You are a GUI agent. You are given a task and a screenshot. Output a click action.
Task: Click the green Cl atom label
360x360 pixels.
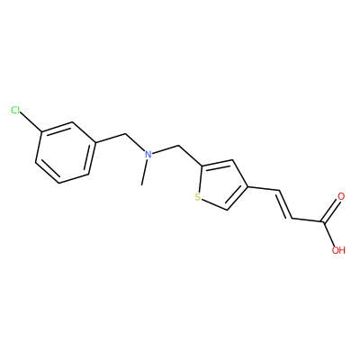click(x=15, y=111)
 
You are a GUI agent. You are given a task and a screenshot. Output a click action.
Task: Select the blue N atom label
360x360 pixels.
click(x=148, y=155)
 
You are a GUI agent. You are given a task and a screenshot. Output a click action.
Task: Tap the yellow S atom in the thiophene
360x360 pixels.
click(x=197, y=197)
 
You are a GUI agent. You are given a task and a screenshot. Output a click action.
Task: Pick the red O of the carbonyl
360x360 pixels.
click(x=341, y=197)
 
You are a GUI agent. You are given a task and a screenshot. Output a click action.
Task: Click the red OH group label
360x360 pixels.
click(x=338, y=250)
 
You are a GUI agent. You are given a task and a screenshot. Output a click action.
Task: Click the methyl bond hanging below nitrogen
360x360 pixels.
click(x=144, y=173)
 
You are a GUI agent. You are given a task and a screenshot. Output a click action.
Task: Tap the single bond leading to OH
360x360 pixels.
click(x=328, y=234)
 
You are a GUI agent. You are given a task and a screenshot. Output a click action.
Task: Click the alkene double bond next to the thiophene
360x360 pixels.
click(x=285, y=204)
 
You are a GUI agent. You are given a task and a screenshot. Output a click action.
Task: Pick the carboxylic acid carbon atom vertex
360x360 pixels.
click(x=323, y=222)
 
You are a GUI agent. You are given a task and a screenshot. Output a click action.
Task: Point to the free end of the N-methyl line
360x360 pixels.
click(x=141, y=185)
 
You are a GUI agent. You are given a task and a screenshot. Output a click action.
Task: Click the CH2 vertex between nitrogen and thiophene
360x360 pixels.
click(x=178, y=146)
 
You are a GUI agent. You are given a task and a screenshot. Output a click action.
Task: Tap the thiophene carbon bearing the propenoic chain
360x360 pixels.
click(x=248, y=187)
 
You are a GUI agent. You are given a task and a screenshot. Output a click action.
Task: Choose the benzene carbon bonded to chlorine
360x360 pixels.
click(x=42, y=132)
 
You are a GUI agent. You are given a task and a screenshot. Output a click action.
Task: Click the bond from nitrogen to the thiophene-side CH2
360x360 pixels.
click(x=165, y=149)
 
